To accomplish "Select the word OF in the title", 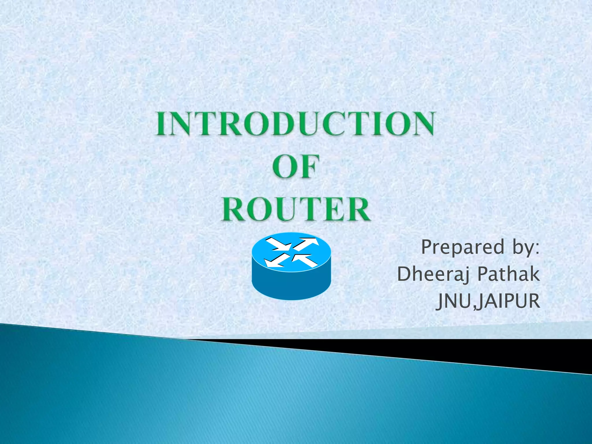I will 295,166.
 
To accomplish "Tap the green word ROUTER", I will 295,209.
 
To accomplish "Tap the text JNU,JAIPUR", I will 488,301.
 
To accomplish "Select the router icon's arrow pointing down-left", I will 276,260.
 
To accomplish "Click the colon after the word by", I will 537,249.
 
